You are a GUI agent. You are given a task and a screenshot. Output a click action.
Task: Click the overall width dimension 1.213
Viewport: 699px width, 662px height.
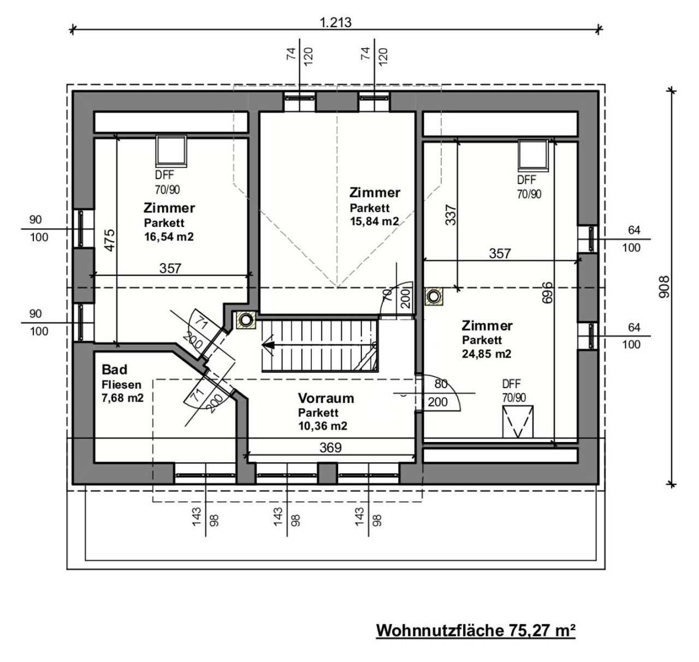click(335, 22)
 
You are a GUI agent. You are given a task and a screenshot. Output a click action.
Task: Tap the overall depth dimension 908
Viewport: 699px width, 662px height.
click(664, 287)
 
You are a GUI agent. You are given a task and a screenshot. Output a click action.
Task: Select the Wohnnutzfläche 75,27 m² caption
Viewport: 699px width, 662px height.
click(476, 630)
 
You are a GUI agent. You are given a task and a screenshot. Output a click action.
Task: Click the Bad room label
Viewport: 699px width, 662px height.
click(114, 369)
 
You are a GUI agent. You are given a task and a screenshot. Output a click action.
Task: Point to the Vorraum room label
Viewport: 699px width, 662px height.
click(325, 398)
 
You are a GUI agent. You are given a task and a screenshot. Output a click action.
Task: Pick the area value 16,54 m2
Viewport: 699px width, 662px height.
click(169, 237)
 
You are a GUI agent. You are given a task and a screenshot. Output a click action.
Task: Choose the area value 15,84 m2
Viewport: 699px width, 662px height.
click(375, 222)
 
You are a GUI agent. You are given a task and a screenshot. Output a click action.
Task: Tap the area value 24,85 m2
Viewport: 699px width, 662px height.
click(487, 354)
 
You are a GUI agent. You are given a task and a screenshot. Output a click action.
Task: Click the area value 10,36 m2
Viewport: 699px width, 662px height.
click(323, 426)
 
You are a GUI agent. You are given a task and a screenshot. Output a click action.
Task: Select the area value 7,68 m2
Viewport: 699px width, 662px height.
click(123, 398)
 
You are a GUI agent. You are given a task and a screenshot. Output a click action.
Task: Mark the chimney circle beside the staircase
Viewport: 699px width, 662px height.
click(246, 319)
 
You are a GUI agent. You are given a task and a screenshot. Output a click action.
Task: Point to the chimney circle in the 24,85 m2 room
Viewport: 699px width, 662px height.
click(434, 296)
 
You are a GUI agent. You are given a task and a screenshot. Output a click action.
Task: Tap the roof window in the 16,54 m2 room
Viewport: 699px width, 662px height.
click(171, 151)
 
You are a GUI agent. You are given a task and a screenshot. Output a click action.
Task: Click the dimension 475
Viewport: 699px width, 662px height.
click(110, 241)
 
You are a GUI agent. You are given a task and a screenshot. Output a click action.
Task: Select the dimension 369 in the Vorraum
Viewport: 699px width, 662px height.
click(330, 448)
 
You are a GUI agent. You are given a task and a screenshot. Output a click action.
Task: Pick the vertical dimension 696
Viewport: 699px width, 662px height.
click(548, 293)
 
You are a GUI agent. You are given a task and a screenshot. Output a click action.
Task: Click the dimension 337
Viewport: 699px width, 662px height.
click(451, 214)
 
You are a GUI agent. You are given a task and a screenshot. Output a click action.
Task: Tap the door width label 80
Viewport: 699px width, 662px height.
click(441, 384)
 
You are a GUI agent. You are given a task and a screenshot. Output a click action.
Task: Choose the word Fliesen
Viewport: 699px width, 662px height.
click(122, 384)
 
